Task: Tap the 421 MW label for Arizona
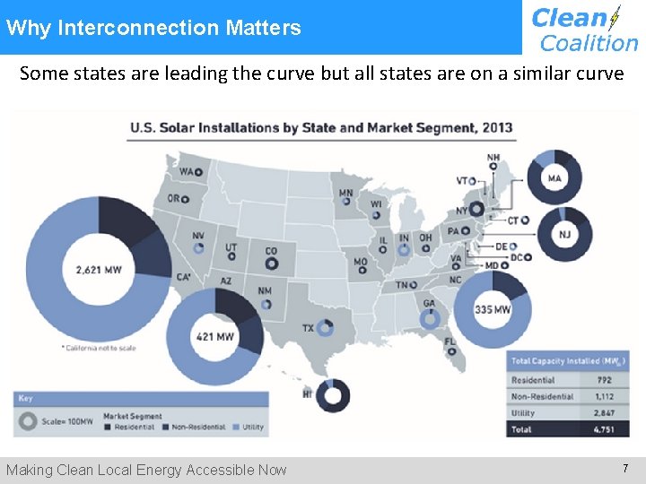pyautogui.click(x=214, y=338)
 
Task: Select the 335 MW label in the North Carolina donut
pyautogui.click(x=493, y=310)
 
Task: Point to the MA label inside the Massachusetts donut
pyautogui.click(x=554, y=178)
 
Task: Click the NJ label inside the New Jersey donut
pyautogui.click(x=564, y=236)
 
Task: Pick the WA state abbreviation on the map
pyautogui.click(x=188, y=171)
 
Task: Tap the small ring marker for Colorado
pyautogui.click(x=272, y=264)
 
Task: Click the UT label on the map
pyautogui.click(x=231, y=246)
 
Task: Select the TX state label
pyautogui.click(x=308, y=328)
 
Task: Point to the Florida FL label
pyautogui.click(x=450, y=341)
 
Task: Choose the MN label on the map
pyautogui.click(x=345, y=193)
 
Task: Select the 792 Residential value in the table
pyautogui.click(x=605, y=380)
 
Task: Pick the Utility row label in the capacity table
pyautogui.click(x=523, y=413)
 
